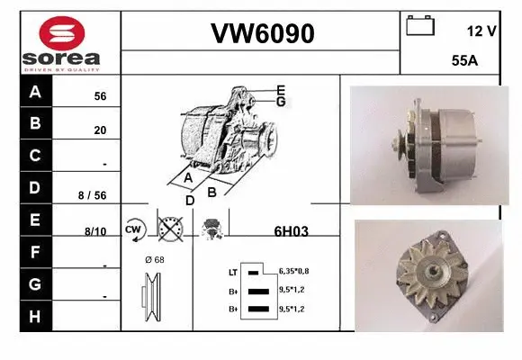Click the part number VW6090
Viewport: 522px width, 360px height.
click(261, 33)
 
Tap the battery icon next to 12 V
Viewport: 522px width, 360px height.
click(420, 26)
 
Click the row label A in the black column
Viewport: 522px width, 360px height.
click(34, 93)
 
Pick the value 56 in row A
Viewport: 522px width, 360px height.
click(100, 96)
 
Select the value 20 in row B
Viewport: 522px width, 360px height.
click(100, 130)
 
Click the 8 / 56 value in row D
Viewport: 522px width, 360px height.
click(93, 194)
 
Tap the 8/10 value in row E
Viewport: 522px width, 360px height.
click(94, 231)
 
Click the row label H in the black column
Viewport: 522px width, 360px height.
click(34, 316)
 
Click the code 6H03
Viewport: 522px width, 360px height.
click(291, 231)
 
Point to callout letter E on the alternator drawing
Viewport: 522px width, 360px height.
click(281, 90)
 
